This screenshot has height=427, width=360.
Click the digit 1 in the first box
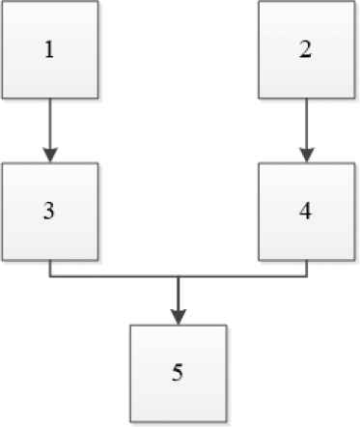point(49,50)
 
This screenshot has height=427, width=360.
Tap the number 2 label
point(305,49)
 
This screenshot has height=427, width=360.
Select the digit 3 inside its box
point(49,212)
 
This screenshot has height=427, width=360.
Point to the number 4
point(305,212)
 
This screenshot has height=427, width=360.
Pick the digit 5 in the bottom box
point(178,373)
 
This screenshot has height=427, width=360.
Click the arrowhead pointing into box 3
point(50,155)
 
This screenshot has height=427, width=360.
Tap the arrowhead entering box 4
point(307,155)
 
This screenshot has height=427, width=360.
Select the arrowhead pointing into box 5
point(179,317)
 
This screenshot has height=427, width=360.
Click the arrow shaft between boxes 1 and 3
point(50,124)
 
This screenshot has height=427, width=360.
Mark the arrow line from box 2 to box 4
point(307,124)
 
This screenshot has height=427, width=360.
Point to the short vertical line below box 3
point(50,269)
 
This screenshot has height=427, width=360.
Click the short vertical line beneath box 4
point(307,269)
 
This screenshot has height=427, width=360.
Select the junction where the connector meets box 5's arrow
point(179,276)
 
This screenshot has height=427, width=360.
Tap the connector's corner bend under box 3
point(50,276)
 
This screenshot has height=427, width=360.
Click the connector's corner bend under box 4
point(307,276)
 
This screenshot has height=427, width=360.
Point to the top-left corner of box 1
point(2,1)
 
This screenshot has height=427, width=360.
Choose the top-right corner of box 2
point(354,1)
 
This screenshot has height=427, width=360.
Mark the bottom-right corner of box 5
point(227,421)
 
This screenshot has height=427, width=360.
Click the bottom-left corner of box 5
point(130,421)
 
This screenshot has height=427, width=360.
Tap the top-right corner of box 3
point(97,163)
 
